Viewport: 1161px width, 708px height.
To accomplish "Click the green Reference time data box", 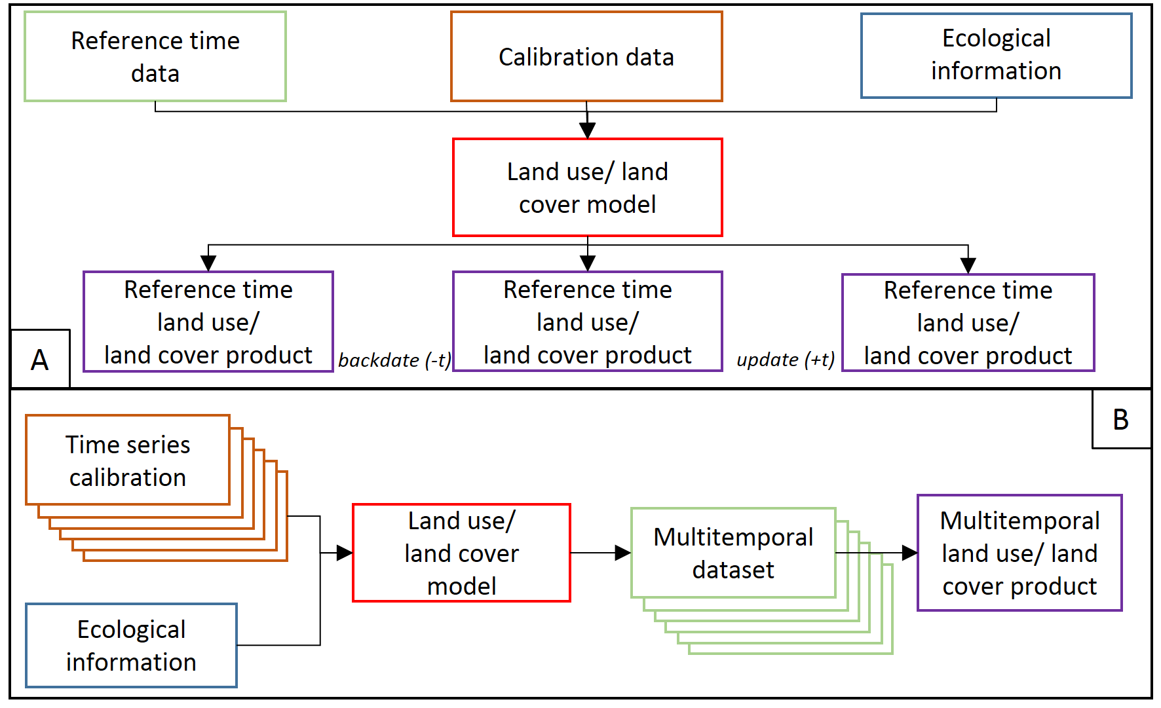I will (x=155, y=57).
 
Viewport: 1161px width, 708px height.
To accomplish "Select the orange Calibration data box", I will (x=586, y=57).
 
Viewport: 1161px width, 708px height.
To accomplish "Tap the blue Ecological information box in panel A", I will (x=996, y=56).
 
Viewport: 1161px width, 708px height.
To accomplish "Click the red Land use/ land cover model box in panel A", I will (x=587, y=187).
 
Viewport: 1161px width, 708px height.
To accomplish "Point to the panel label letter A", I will (x=39, y=360).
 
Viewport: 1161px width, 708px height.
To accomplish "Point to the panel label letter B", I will (x=1120, y=420).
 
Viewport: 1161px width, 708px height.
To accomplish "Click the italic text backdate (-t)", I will (x=394, y=360).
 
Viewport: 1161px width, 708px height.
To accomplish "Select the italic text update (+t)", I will (x=785, y=360).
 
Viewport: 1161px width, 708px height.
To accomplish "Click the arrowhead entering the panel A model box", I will (x=588, y=130).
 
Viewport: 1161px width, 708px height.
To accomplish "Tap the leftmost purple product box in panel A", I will (x=208, y=322).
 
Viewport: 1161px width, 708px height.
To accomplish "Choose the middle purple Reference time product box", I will (x=587, y=322).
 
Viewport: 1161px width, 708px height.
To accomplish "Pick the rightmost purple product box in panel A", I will (x=968, y=323).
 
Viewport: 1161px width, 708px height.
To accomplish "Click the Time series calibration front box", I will (x=128, y=460).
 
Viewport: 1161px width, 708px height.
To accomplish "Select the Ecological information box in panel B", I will (x=131, y=645).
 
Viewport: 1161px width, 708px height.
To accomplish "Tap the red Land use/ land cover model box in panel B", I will (x=461, y=553).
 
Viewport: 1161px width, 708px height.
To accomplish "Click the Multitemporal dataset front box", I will (x=733, y=553).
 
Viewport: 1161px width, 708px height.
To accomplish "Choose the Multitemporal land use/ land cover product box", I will (x=1019, y=553).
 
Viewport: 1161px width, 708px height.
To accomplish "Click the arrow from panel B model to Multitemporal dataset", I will (x=600, y=553).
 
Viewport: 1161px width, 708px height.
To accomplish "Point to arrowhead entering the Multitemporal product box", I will (x=909, y=553).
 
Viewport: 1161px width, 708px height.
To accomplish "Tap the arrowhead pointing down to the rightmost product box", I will (x=968, y=265).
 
